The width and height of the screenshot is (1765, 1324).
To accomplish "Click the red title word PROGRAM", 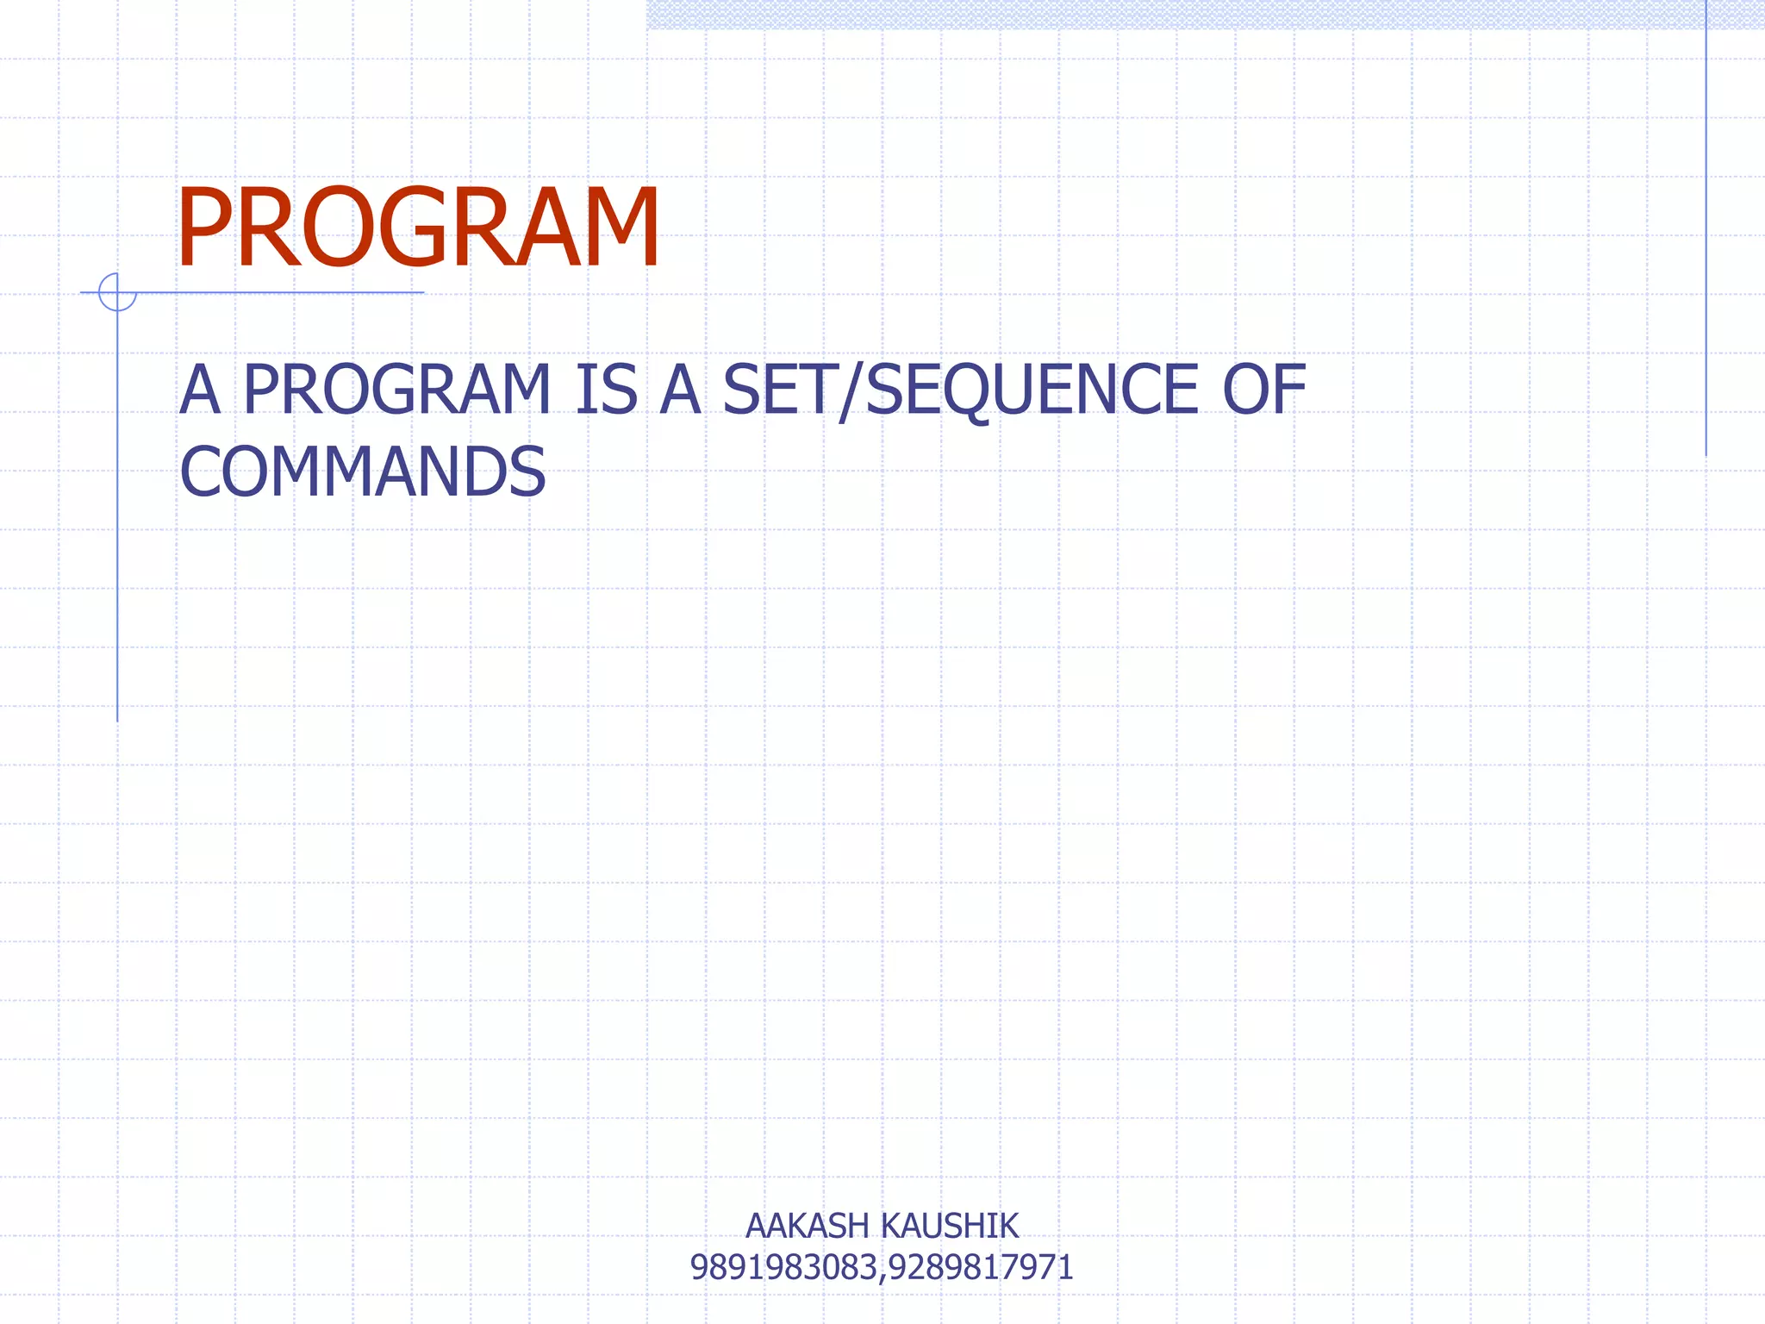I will click(418, 228).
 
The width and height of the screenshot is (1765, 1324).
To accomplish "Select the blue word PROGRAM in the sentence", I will click(396, 390).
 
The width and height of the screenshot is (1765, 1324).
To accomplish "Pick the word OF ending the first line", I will click(1264, 390).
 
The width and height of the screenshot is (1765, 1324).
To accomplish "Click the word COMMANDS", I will click(362, 472).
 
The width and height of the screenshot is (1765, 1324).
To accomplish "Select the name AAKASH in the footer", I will click(807, 1226).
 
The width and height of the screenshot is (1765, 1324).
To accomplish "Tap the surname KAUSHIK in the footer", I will click(951, 1226).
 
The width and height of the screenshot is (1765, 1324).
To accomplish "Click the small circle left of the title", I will click(117, 292).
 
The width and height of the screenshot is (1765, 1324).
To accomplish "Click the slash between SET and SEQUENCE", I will click(851, 391).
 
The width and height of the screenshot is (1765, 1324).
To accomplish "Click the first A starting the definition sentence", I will click(199, 390).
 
